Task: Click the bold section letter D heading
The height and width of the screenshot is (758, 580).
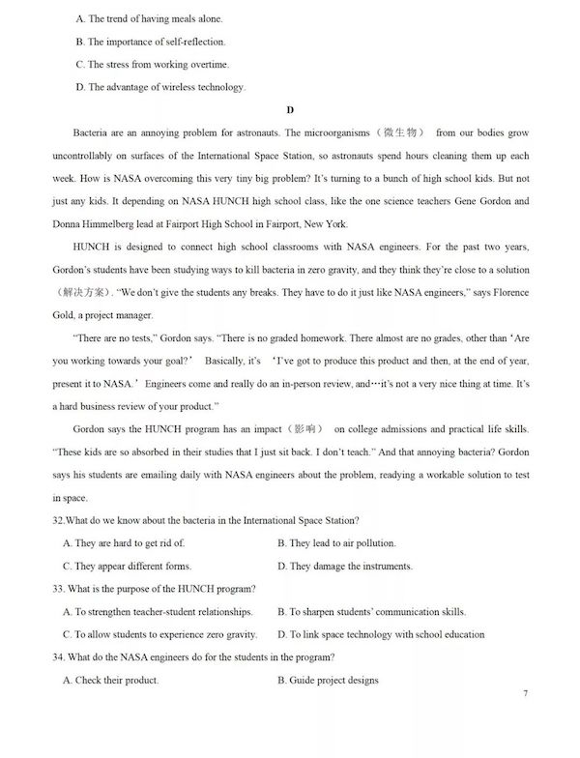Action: (x=289, y=110)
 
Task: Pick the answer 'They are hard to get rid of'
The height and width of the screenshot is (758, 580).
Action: (x=123, y=543)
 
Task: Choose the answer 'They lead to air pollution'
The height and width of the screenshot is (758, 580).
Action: (x=336, y=543)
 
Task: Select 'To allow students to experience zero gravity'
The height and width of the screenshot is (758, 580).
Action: (x=159, y=634)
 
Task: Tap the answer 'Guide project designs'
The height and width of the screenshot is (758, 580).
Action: (x=328, y=680)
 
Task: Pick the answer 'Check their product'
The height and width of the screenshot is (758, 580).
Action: (x=110, y=680)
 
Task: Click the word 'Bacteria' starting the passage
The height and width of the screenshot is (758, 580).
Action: (x=92, y=132)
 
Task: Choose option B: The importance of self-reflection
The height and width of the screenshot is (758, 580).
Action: (x=150, y=42)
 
